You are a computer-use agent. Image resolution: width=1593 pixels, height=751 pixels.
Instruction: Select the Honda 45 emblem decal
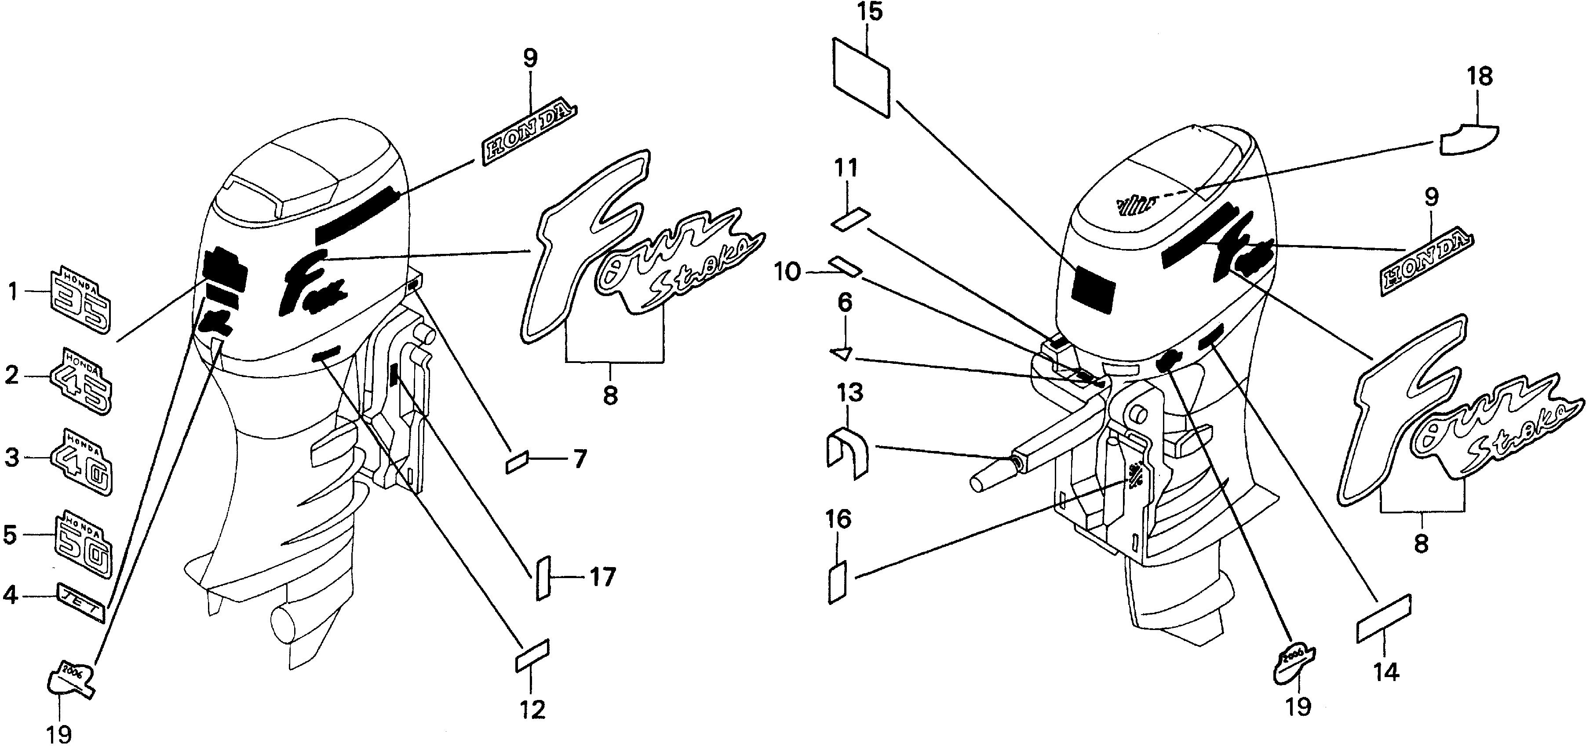[x=82, y=381]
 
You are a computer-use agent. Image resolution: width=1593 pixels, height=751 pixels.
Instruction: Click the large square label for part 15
[x=861, y=77]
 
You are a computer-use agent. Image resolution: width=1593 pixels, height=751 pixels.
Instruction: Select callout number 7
[x=579, y=459]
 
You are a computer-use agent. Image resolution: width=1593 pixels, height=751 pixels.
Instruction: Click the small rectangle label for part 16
[x=837, y=582]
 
